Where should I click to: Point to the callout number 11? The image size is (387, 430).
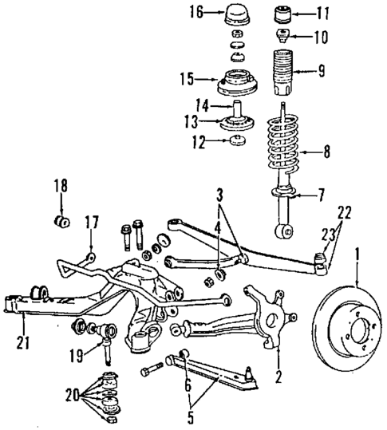click(322, 14)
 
